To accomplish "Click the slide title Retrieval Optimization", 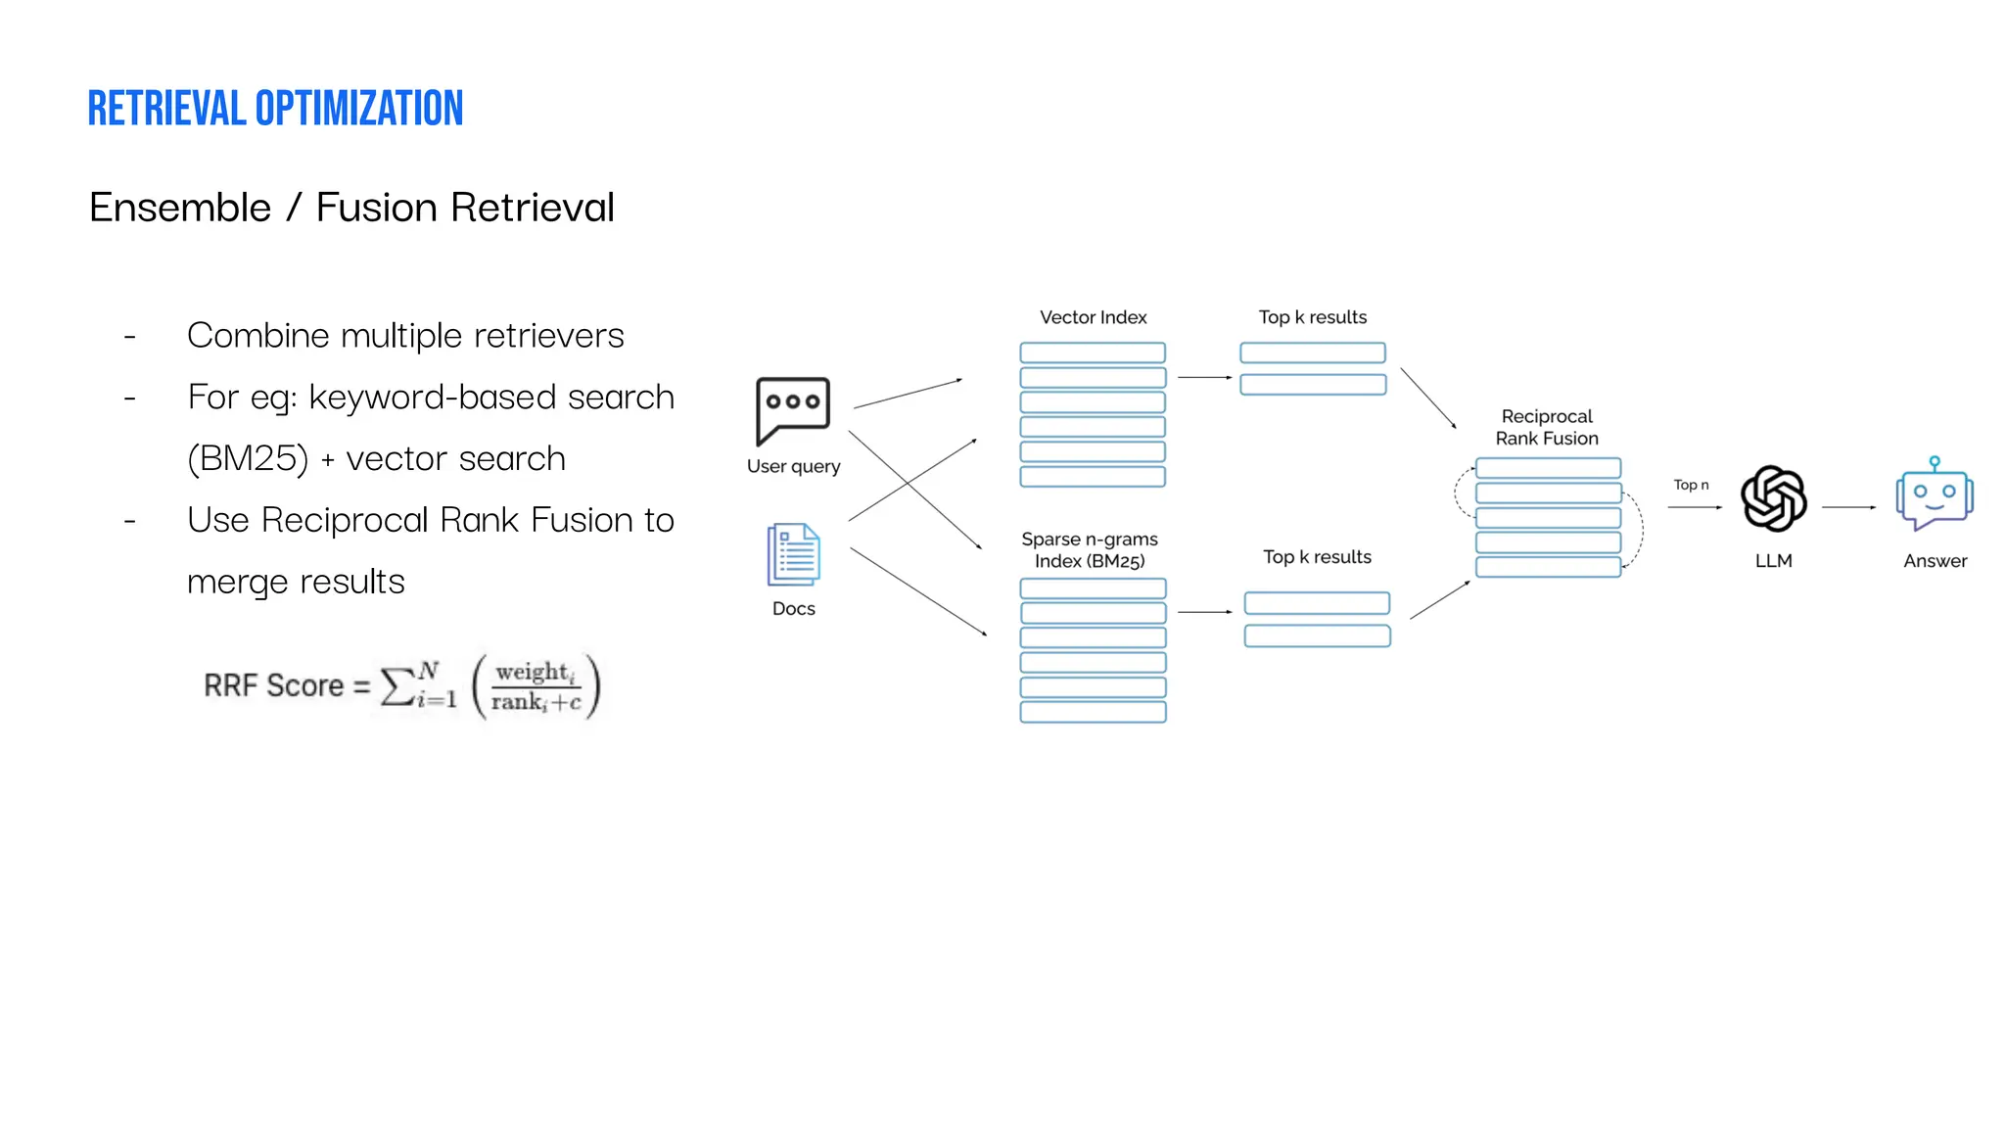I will [x=275, y=109].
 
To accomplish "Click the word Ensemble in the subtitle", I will [x=180, y=208].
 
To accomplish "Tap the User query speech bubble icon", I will [x=792, y=409].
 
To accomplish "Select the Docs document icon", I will [x=793, y=554].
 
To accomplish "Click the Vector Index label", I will [x=1093, y=317].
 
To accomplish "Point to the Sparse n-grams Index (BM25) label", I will [x=1090, y=550].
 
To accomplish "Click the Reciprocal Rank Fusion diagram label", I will [x=1547, y=428].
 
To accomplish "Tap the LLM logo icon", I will [x=1773, y=498].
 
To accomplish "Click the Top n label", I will [x=1691, y=485].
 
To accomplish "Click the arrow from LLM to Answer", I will [x=1848, y=507].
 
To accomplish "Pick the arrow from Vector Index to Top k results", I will [x=1204, y=377].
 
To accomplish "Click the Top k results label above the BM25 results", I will [x=1317, y=557].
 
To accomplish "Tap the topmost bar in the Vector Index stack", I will [x=1093, y=352].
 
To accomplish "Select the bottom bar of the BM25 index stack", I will [x=1093, y=712].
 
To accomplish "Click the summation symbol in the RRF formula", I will [x=396, y=686].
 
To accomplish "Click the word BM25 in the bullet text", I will [x=249, y=458].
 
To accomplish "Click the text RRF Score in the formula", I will [x=273, y=685].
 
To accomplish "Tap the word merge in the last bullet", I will [x=236, y=583].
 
